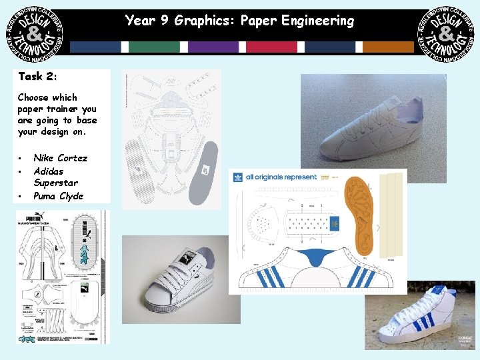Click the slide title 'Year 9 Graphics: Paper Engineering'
[x=240, y=21]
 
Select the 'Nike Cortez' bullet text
[x=60, y=158]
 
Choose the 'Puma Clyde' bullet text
[x=58, y=196]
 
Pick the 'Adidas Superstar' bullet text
[x=56, y=177]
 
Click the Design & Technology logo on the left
[x=35, y=35]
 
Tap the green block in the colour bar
[x=155, y=47]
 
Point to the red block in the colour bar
[x=271, y=47]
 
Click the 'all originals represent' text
[x=281, y=177]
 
